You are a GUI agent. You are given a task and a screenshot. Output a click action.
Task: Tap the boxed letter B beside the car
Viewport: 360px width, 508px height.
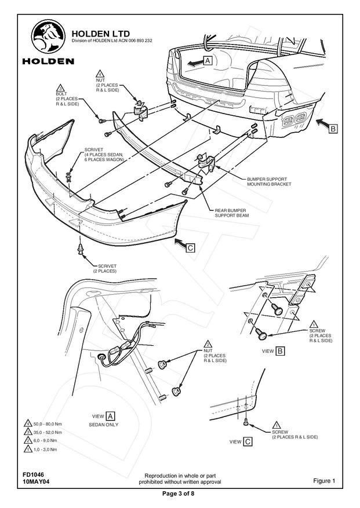(x=333, y=130)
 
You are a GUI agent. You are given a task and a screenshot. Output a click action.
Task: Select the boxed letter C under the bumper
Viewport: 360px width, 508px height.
(x=190, y=248)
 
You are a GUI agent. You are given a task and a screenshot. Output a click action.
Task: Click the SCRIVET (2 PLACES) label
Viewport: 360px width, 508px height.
(x=104, y=268)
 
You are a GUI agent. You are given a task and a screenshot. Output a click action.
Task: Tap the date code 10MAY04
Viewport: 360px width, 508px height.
(x=36, y=481)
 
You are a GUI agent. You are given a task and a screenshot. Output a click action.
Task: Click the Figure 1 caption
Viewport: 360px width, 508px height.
(x=324, y=481)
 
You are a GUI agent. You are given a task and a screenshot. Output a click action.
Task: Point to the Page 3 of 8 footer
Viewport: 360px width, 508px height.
(x=180, y=493)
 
